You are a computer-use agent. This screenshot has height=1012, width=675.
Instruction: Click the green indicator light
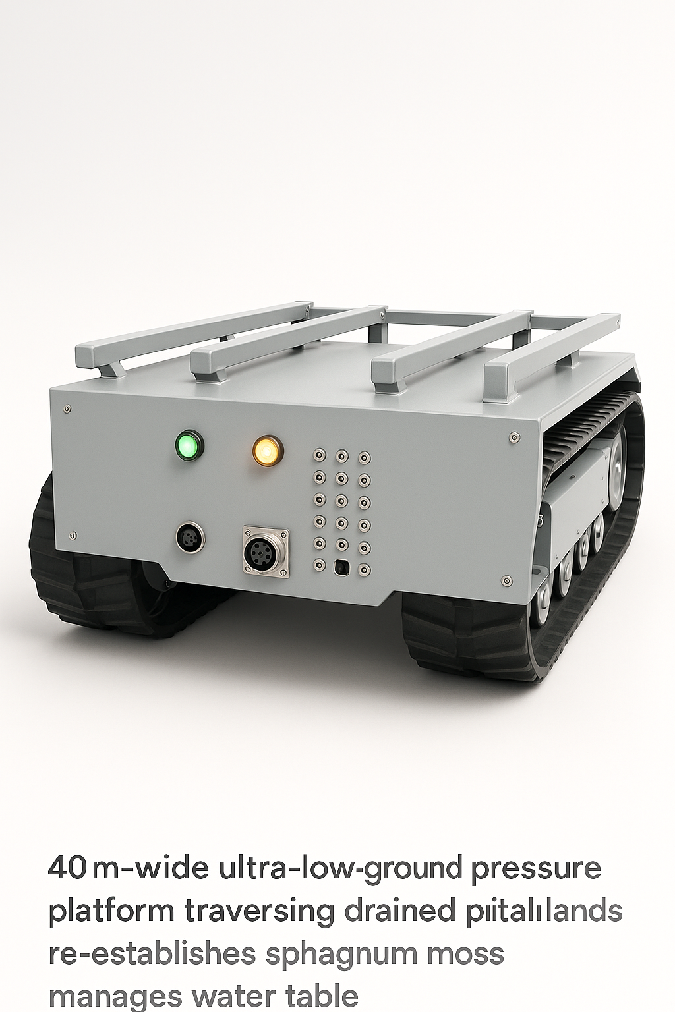click(189, 445)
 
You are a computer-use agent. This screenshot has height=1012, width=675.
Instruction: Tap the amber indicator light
click(267, 451)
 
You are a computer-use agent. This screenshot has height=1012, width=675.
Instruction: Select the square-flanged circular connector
click(266, 551)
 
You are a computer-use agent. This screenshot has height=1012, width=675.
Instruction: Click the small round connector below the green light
click(191, 537)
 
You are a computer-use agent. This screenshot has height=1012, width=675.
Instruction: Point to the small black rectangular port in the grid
click(341, 566)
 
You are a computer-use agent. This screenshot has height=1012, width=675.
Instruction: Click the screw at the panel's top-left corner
click(67, 409)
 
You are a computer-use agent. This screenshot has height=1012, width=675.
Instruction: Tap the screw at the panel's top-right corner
click(514, 437)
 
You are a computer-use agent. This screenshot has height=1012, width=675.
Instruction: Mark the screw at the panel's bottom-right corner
click(506, 580)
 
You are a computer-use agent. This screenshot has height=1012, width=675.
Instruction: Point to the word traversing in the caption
click(259, 912)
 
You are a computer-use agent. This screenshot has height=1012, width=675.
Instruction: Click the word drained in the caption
click(399, 911)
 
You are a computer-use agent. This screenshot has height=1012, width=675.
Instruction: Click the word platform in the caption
click(111, 912)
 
